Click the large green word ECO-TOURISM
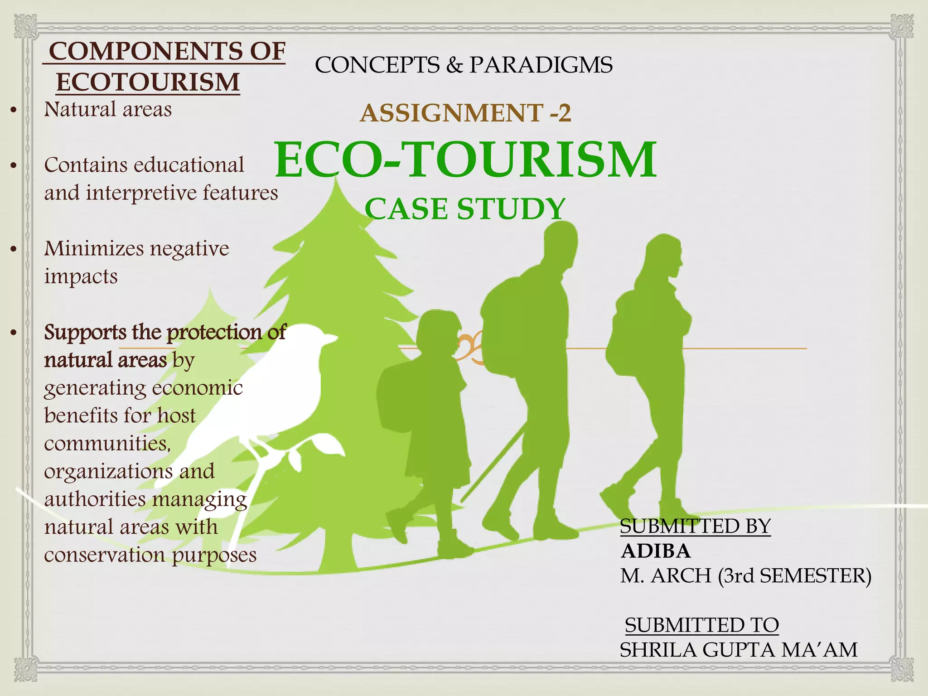[465, 160]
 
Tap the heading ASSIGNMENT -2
[465, 113]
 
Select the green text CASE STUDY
[465, 209]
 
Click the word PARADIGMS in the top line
[541, 65]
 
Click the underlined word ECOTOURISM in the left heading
[148, 82]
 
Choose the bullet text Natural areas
[108, 109]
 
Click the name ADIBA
[656, 551]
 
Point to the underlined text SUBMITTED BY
[695, 527]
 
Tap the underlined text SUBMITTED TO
[701, 625]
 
